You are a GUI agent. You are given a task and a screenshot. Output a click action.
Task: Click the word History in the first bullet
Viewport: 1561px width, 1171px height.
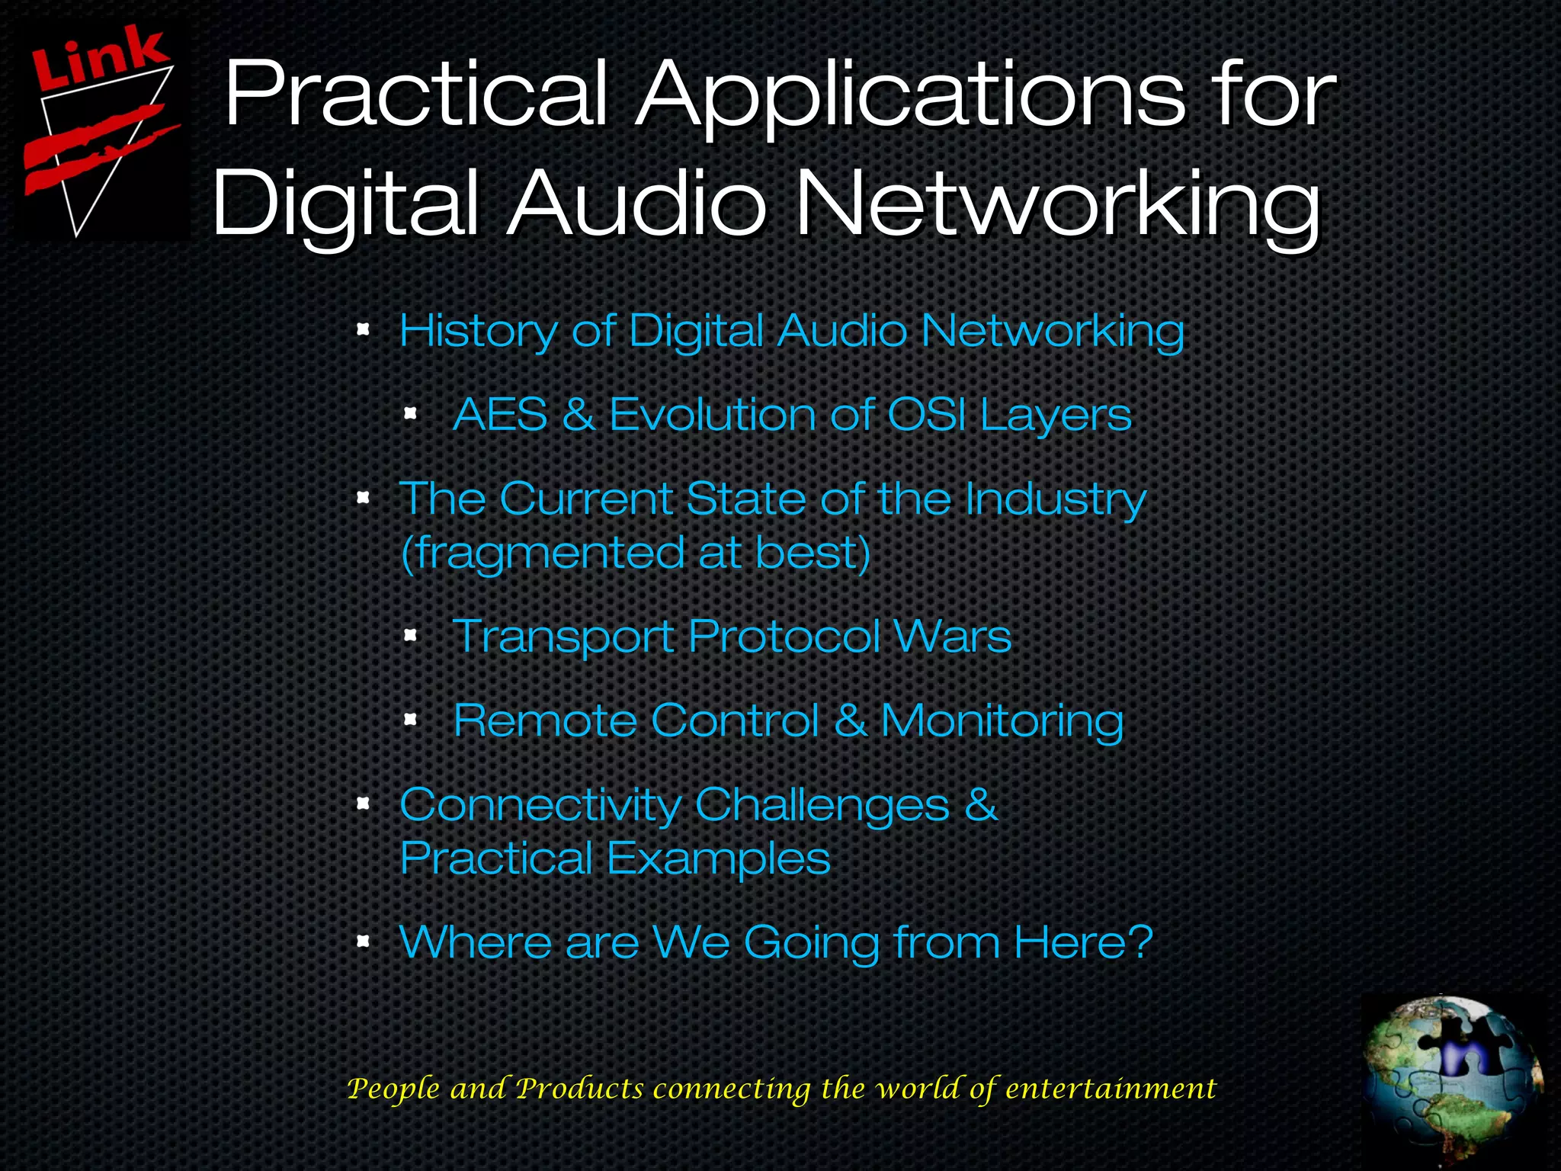478,332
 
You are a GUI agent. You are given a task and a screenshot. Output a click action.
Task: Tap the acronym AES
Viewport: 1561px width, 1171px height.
500,415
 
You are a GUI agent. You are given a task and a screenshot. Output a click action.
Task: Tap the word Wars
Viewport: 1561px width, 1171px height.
952,636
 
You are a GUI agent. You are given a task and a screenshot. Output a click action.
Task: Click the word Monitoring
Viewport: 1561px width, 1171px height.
1002,721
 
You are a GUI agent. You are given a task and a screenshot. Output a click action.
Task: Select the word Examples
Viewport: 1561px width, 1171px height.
718,860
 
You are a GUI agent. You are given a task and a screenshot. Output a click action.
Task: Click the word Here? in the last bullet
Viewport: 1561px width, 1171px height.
1083,942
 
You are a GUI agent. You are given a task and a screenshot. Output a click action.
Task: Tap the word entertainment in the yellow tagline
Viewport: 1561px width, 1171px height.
1111,1089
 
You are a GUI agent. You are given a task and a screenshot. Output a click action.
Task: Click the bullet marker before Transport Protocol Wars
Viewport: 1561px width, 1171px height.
410,634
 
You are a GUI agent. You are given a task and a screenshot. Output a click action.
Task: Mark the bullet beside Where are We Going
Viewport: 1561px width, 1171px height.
364,941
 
